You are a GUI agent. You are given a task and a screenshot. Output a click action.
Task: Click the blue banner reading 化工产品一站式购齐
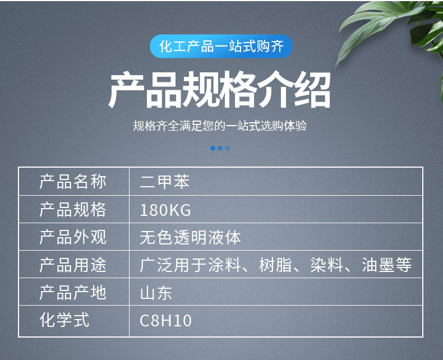(221, 47)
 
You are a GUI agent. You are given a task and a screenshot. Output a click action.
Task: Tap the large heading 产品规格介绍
(219, 90)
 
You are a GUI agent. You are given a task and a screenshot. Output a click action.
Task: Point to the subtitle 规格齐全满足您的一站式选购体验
(220, 126)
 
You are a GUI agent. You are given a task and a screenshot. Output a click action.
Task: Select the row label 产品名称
(73, 182)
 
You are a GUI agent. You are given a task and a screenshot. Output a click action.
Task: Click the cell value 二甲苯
(164, 182)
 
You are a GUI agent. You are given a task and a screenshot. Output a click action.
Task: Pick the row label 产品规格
(73, 209)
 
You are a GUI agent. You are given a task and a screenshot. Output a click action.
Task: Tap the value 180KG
(165, 210)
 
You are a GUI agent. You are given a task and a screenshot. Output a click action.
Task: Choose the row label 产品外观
(73, 237)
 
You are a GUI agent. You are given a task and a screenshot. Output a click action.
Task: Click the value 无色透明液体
(190, 237)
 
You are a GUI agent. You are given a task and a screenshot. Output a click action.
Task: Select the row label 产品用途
(73, 265)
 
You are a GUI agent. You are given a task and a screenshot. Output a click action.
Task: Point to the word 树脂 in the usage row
(275, 265)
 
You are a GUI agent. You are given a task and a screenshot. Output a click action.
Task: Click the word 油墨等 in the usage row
(386, 265)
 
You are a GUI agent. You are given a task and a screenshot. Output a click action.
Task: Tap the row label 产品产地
(73, 293)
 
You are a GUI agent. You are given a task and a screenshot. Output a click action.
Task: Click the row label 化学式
(64, 320)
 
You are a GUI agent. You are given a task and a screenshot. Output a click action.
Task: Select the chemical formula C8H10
(165, 321)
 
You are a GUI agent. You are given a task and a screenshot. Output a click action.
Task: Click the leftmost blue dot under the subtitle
(213, 149)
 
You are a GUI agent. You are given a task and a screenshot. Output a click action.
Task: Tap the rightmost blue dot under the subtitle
(227, 149)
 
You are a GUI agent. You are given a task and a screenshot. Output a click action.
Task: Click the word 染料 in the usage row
(327, 265)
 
